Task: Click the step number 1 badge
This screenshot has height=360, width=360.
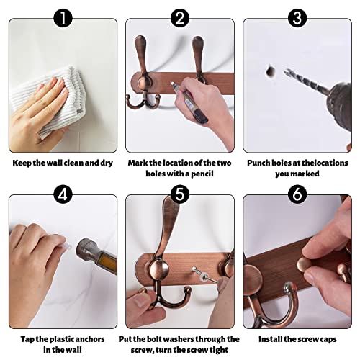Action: coord(63,18)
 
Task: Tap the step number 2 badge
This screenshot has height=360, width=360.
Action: coord(180,18)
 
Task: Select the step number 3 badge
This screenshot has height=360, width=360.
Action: coord(297,18)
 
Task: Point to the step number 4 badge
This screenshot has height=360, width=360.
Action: coord(63,194)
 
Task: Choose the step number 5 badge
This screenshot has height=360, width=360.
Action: coord(180,194)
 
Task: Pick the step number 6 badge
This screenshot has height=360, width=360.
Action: coord(297,194)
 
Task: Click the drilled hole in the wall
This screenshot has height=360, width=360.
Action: coord(271,71)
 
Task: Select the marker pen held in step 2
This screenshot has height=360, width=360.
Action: coord(189,102)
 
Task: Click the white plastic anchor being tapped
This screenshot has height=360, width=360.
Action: coord(67,246)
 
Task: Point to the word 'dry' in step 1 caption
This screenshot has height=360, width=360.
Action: coord(107,163)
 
